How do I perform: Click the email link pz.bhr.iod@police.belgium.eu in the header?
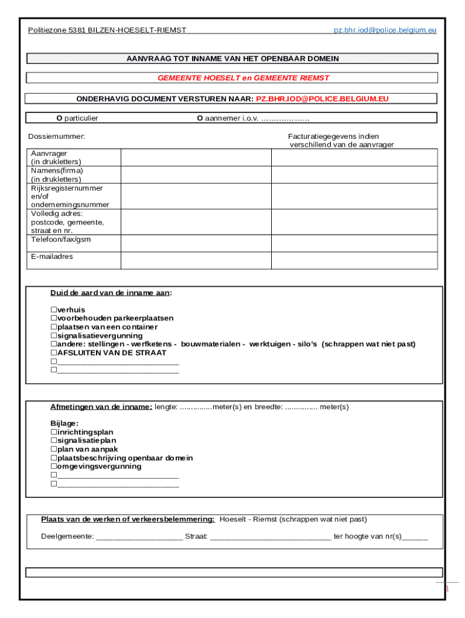[x=385, y=30]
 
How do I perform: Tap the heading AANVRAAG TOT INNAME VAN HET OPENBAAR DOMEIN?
[x=232, y=59]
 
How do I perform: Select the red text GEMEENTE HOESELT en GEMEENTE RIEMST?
[x=243, y=78]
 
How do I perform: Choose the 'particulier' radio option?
[x=59, y=118]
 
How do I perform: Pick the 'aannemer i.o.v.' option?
[x=200, y=118]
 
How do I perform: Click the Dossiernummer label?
[x=57, y=136]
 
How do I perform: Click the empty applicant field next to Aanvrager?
[x=196, y=157]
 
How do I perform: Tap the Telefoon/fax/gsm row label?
[x=60, y=240]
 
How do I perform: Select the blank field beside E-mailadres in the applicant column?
[x=196, y=260]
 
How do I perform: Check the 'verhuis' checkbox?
[x=54, y=310]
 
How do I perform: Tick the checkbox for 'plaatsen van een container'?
[x=54, y=327]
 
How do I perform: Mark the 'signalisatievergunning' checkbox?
[x=54, y=336]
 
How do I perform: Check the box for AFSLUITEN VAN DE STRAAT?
[x=54, y=352]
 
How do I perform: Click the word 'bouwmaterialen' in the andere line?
[x=212, y=344]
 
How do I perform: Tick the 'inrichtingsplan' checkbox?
[x=54, y=432]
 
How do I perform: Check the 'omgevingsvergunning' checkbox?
[x=54, y=466]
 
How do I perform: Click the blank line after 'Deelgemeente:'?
[x=139, y=537]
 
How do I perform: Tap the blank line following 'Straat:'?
[x=271, y=537]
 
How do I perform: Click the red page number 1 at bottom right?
[x=447, y=588]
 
